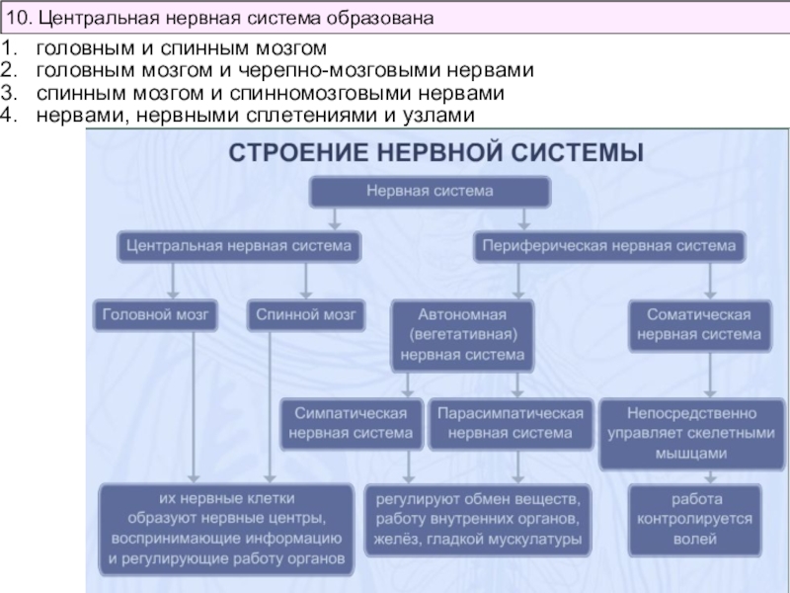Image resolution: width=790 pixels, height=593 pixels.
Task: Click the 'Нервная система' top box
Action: pos(431,191)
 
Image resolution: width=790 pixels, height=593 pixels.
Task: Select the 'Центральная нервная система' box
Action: pos(239,244)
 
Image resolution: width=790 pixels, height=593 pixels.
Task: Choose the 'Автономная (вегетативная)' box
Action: pos(462,333)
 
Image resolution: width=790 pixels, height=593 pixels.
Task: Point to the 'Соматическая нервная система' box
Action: pos(698,324)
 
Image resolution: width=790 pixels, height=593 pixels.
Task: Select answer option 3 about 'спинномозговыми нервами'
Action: pos(271,93)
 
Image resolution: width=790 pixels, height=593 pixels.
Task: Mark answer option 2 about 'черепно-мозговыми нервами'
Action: pos(285,70)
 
